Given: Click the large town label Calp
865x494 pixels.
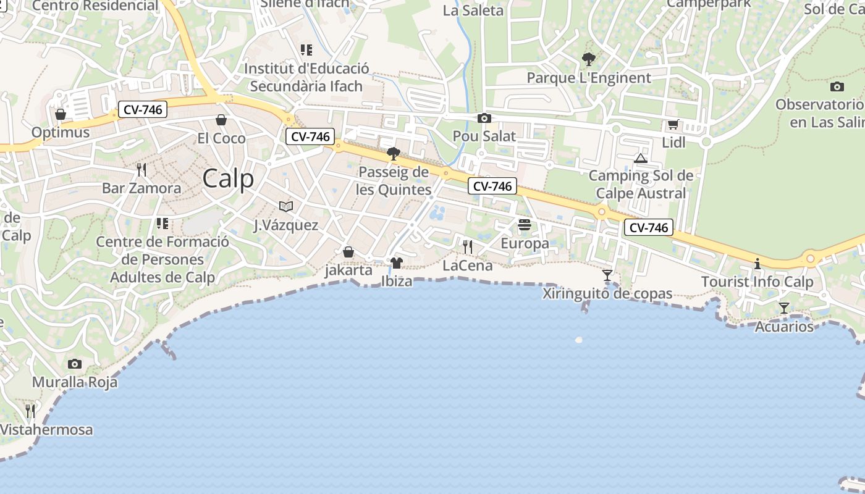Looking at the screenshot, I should (x=228, y=179).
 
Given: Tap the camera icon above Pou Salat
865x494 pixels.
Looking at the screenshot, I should (x=484, y=118).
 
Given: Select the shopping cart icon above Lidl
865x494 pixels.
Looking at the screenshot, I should (x=673, y=125).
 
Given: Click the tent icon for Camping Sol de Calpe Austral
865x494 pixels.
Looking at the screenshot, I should (x=640, y=158).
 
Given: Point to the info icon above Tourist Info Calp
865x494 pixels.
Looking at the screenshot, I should (x=757, y=264).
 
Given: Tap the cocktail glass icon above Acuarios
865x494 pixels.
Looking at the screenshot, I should (x=783, y=308).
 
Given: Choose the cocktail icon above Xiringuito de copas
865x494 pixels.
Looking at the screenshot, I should (x=607, y=275).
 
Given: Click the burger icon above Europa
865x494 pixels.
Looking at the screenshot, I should (x=525, y=225).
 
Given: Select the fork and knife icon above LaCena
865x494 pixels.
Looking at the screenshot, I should (x=468, y=247).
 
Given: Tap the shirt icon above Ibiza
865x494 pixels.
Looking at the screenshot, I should (x=397, y=263).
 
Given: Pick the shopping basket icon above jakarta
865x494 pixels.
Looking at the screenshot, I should (x=348, y=252).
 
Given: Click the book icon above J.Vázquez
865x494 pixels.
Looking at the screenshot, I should (x=286, y=206).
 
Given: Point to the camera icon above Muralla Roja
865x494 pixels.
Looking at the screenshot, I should (x=75, y=364).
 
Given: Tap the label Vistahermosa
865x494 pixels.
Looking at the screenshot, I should (x=46, y=430).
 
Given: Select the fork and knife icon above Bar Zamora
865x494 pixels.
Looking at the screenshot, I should (x=141, y=170).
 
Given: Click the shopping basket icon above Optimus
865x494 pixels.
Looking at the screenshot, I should (x=61, y=114).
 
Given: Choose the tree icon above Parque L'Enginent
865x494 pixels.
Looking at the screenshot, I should (x=589, y=59).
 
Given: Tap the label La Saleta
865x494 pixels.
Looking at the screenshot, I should (x=473, y=10).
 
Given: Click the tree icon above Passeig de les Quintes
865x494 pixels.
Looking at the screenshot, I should (x=393, y=153).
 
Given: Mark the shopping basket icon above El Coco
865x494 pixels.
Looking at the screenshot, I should (x=221, y=120).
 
